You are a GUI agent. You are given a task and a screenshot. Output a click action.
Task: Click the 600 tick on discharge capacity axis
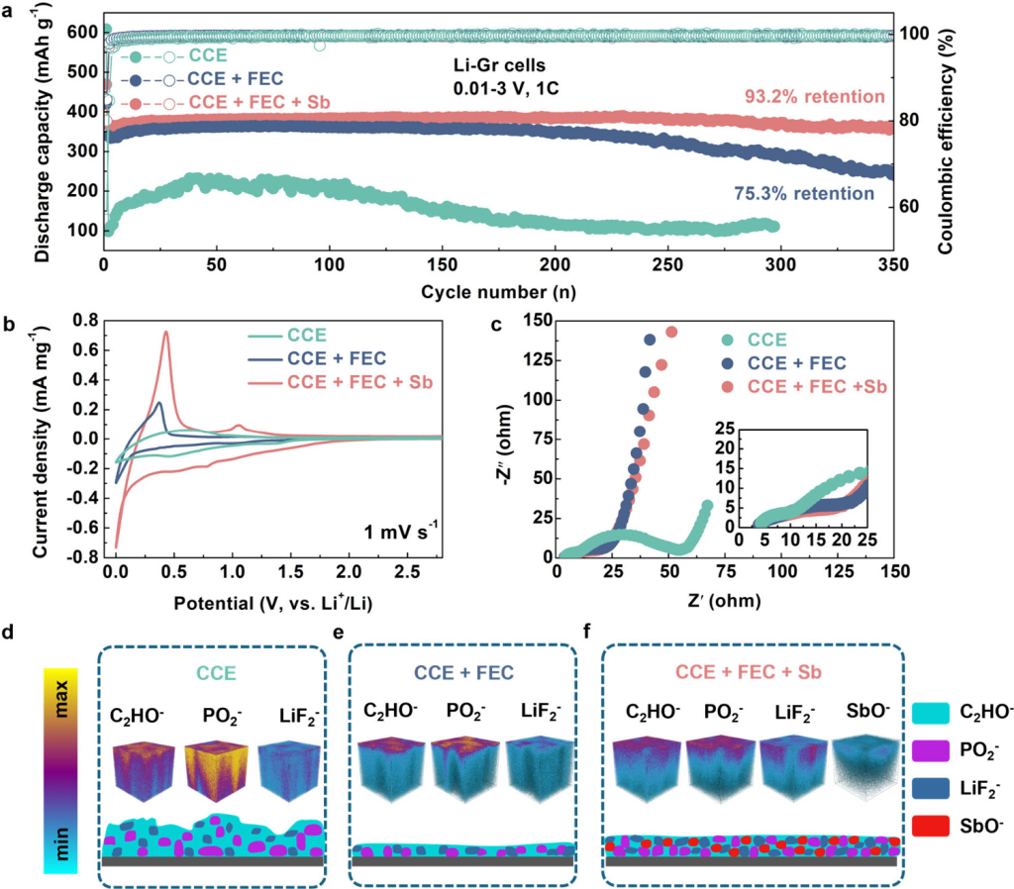click(84, 32)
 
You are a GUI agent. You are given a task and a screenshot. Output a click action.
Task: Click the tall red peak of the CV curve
click(165, 333)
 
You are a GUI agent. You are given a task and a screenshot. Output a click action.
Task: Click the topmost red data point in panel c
click(671, 332)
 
